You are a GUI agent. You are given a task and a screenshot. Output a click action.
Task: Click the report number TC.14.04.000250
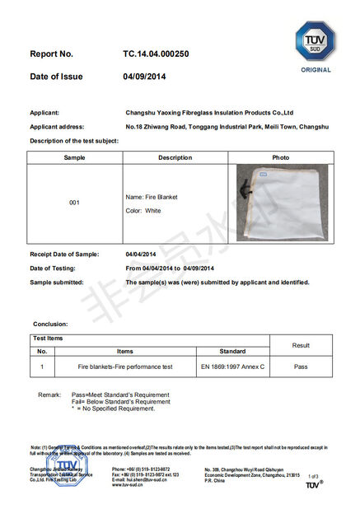point(157,54)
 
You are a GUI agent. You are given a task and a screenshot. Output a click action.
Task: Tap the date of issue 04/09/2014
point(145,77)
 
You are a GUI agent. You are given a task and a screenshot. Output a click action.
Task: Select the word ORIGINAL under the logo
point(316,70)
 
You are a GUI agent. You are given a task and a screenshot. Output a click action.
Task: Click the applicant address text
point(227,127)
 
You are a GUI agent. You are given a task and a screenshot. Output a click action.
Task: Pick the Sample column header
point(75,157)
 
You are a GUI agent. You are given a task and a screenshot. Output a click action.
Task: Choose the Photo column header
point(281,157)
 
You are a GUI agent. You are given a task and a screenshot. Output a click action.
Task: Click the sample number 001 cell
point(75,202)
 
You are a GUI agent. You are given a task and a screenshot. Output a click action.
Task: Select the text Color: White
point(143,211)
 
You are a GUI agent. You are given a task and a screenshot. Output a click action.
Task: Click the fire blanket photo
point(282,202)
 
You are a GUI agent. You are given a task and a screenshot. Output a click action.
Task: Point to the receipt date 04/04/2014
point(141,254)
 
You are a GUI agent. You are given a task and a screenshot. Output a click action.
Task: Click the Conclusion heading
point(50,324)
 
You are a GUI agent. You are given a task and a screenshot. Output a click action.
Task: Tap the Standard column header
point(232,352)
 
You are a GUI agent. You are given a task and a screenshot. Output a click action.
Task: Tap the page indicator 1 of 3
point(312,477)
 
